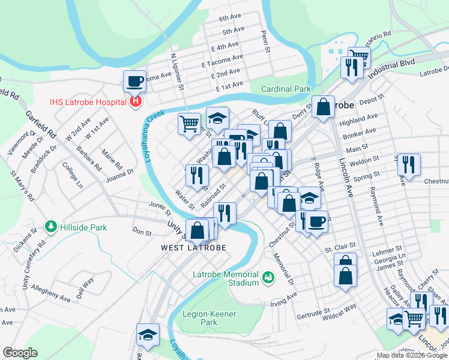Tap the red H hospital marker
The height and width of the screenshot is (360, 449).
[x=136, y=101]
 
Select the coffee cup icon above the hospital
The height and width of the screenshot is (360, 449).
[x=135, y=80]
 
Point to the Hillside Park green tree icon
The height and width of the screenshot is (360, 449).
[x=51, y=227]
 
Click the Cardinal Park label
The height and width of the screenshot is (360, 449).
[x=286, y=89]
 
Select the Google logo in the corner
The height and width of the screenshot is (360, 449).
[x=20, y=353]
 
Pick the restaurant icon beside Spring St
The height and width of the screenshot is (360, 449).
[x=409, y=164]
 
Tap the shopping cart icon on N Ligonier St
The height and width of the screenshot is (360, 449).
[x=189, y=124]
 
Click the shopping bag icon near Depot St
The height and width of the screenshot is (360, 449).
[x=323, y=107]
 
